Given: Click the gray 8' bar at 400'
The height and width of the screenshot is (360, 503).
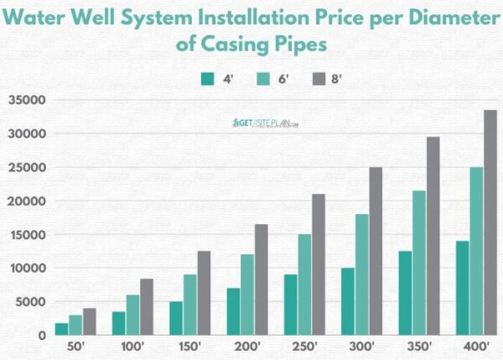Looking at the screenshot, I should coord(490,222).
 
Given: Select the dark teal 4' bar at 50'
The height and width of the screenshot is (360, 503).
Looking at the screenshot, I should coord(62,329).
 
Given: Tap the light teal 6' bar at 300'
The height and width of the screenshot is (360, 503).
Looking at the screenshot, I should coord(361,274).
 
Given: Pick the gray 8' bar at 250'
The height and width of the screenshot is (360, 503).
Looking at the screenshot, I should coord(319,264).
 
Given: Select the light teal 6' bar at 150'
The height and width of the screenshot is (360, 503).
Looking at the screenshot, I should coord(190,305).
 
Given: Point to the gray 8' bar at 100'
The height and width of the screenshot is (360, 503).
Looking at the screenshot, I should coord(147,307).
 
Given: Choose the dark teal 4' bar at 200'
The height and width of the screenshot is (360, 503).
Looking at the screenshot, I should coord(233,311).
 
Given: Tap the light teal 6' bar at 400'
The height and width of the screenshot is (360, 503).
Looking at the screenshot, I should coord(475,251).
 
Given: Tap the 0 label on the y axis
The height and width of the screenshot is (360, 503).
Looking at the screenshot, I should coord(40,336).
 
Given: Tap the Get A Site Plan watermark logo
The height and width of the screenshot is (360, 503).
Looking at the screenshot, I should coord(266,123).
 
